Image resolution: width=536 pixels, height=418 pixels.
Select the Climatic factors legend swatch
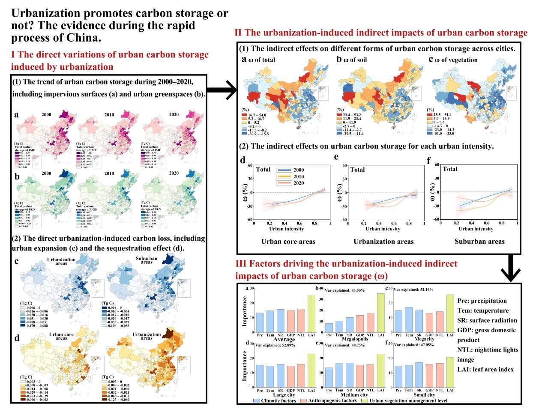pos(257,401)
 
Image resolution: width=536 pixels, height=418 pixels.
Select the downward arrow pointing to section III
pos(511,270)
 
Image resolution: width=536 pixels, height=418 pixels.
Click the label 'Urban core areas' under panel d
pos(288,242)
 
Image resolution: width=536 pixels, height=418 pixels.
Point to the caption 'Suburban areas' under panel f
pos(479,242)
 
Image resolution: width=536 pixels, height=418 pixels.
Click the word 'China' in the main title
pos(85,38)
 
